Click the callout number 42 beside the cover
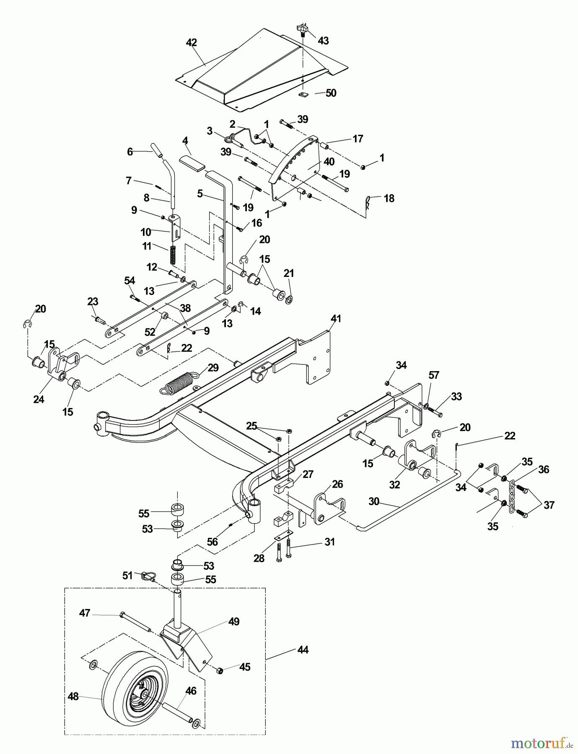point(191,43)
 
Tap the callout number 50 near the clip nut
point(331,93)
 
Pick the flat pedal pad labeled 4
point(192,162)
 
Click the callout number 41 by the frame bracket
point(336,319)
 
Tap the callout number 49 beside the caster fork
point(234,622)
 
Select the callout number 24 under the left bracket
point(39,399)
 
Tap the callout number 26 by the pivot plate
point(337,484)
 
